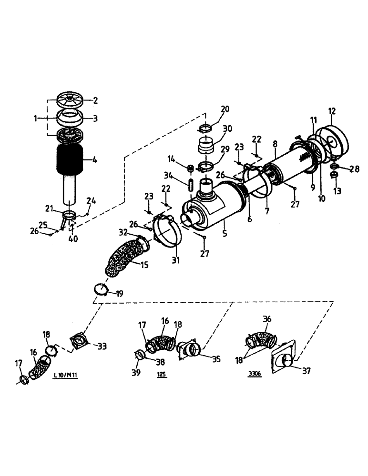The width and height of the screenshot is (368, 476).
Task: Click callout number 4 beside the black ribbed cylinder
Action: [x=95, y=160]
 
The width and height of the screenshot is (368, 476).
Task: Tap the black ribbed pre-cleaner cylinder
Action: [x=70, y=160]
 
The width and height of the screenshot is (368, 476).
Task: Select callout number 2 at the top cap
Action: [x=95, y=100]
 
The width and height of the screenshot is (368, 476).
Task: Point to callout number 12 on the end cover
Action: [x=332, y=111]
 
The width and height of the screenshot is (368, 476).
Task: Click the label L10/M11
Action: [x=65, y=376]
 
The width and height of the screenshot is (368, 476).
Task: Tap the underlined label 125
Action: [x=162, y=375]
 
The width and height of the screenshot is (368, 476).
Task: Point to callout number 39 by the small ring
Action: [x=136, y=372]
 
